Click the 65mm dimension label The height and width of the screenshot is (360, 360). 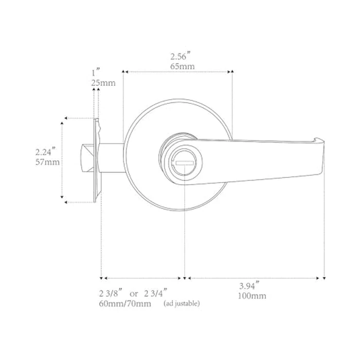click(x=182, y=66)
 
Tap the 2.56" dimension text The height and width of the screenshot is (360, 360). click(x=181, y=56)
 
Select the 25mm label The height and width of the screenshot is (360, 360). click(x=103, y=83)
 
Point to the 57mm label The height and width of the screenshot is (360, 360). click(x=47, y=162)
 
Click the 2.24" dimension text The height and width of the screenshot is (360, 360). click(x=45, y=152)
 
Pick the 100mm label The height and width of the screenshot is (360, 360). click(x=252, y=296)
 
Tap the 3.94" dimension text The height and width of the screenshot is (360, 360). click(x=249, y=286)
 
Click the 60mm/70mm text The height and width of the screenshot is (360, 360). click(x=125, y=303)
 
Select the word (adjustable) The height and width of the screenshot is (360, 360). click(x=182, y=303)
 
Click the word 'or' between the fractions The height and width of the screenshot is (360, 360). click(x=134, y=294)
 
